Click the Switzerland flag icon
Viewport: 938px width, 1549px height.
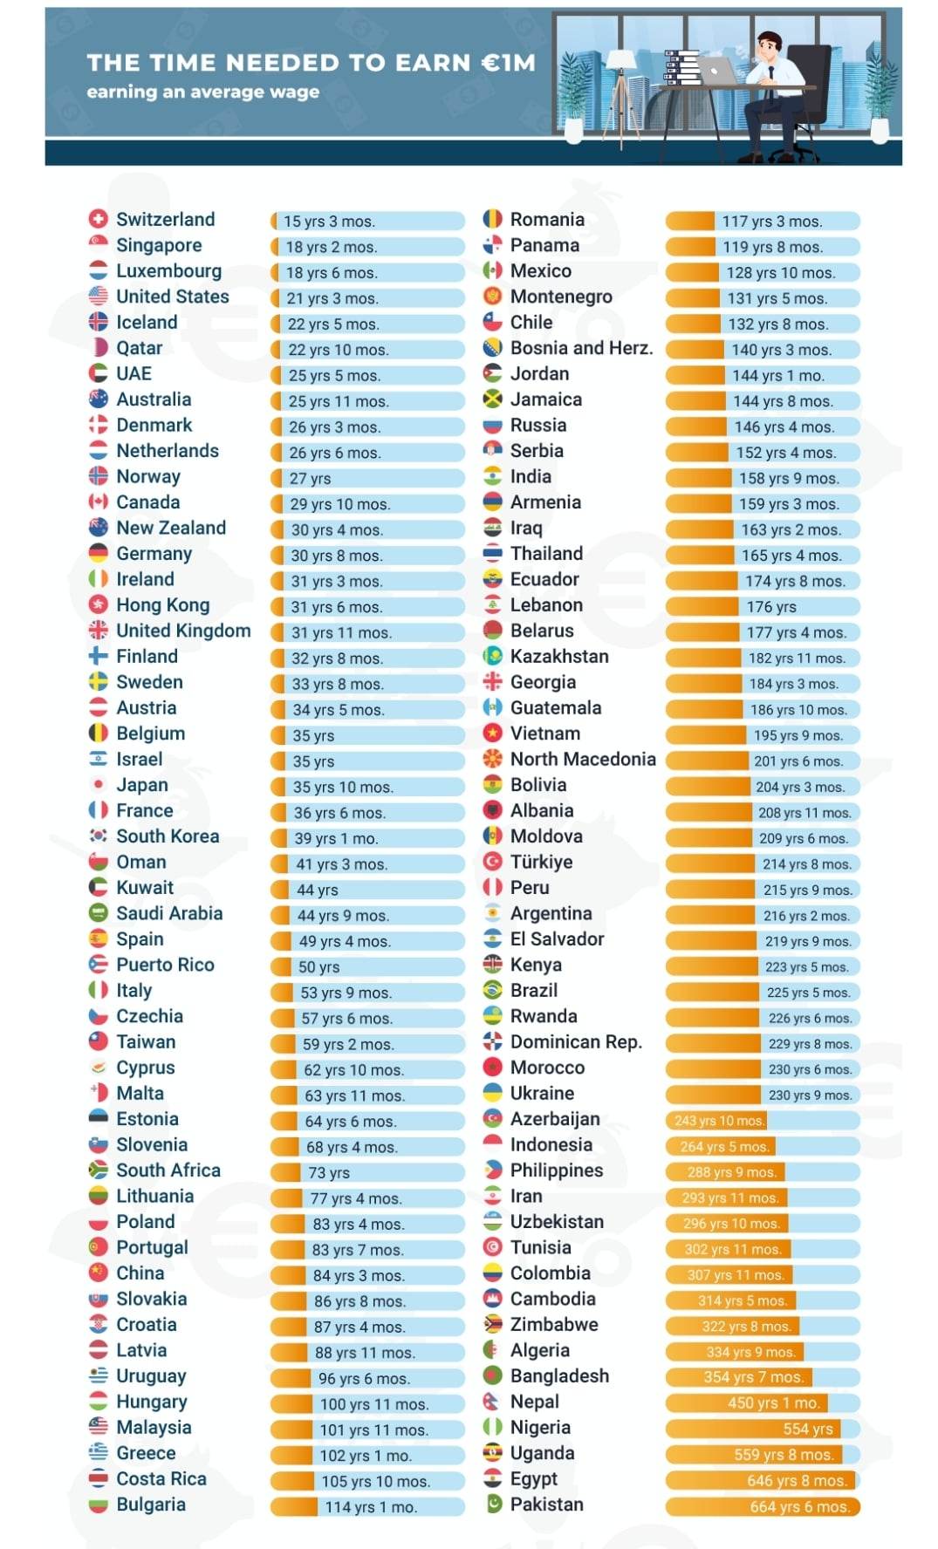coord(99,219)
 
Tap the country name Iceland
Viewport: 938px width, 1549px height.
coord(147,323)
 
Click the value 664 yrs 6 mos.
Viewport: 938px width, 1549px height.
coord(799,1507)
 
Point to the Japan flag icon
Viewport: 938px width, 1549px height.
coord(99,785)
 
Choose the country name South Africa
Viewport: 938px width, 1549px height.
coord(168,1170)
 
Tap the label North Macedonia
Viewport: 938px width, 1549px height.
coord(583,760)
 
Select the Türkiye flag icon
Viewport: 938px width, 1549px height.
coord(493,863)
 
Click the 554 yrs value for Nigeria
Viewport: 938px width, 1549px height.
coord(808,1430)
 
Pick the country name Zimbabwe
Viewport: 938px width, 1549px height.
coord(554,1325)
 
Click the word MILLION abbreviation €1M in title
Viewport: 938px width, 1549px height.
coord(508,63)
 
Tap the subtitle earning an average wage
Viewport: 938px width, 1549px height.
coord(202,92)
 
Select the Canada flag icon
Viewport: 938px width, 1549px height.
coord(99,502)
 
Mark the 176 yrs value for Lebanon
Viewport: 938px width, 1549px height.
coord(771,607)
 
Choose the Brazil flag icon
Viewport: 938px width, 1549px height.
coord(493,991)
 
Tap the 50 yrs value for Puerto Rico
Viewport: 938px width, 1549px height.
coord(318,967)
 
